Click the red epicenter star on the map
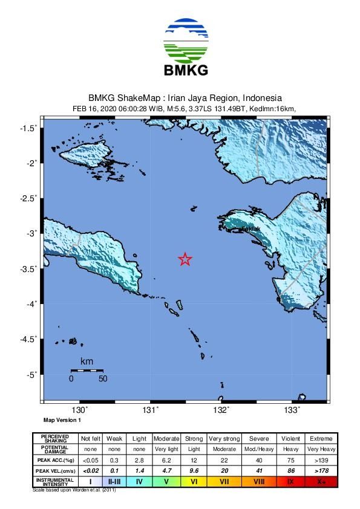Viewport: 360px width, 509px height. [185, 259]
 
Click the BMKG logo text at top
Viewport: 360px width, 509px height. [186, 70]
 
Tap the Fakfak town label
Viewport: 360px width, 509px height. [250, 230]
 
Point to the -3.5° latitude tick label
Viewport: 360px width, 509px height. [28, 268]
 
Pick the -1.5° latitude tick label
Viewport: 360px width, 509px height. [28, 128]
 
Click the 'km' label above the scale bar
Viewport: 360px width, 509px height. [87, 361]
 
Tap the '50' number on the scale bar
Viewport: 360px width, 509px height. [103, 379]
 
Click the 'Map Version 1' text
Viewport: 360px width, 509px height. [62, 420]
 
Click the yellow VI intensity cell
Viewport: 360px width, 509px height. [194, 482]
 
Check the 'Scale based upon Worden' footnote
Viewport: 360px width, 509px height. [74, 490]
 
